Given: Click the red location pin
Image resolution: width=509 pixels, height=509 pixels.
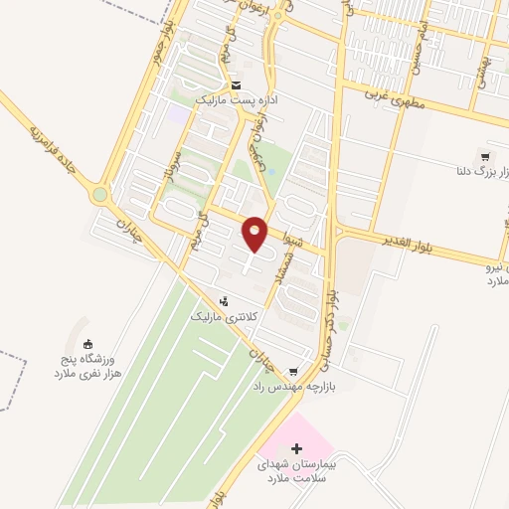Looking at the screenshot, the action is point(255,233).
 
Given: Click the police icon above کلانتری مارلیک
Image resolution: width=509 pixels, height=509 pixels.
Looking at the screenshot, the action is point(225,300).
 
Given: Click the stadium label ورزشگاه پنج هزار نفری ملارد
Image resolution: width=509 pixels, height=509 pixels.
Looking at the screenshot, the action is point(85,364).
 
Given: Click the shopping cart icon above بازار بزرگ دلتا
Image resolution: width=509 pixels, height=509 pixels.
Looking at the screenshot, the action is point(484,157).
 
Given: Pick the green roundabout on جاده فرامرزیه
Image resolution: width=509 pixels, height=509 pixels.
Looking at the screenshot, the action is point(98,195).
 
